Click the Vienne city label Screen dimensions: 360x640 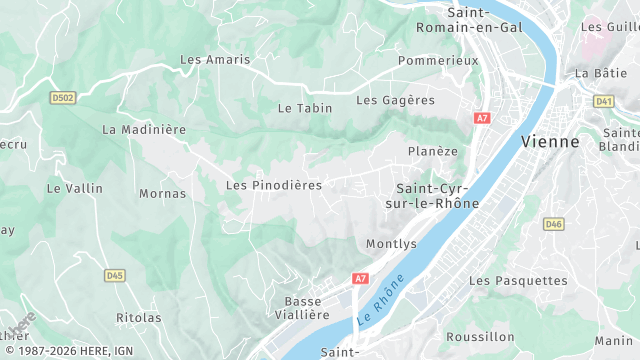click(x=550, y=141)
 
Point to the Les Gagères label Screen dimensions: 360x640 click(x=396, y=100)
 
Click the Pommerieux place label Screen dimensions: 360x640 click(x=438, y=61)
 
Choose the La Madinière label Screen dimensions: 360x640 click(x=144, y=129)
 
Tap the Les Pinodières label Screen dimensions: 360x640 click(x=274, y=185)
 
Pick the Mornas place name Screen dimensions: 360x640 click(x=162, y=193)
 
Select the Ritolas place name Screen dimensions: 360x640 click(x=138, y=318)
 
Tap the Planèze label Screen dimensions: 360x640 click(x=433, y=151)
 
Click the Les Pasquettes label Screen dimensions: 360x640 click(x=518, y=281)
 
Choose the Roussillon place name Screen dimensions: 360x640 click(x=480, y=337)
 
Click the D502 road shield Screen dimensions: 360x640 click(x=63, y=97)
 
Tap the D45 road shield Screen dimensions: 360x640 click(x=115, y=274)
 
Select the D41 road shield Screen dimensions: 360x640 click(x=604, y=101)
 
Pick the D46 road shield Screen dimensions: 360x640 click(x=554, y=224)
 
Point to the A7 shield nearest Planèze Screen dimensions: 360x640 click(x=483, y=118)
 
